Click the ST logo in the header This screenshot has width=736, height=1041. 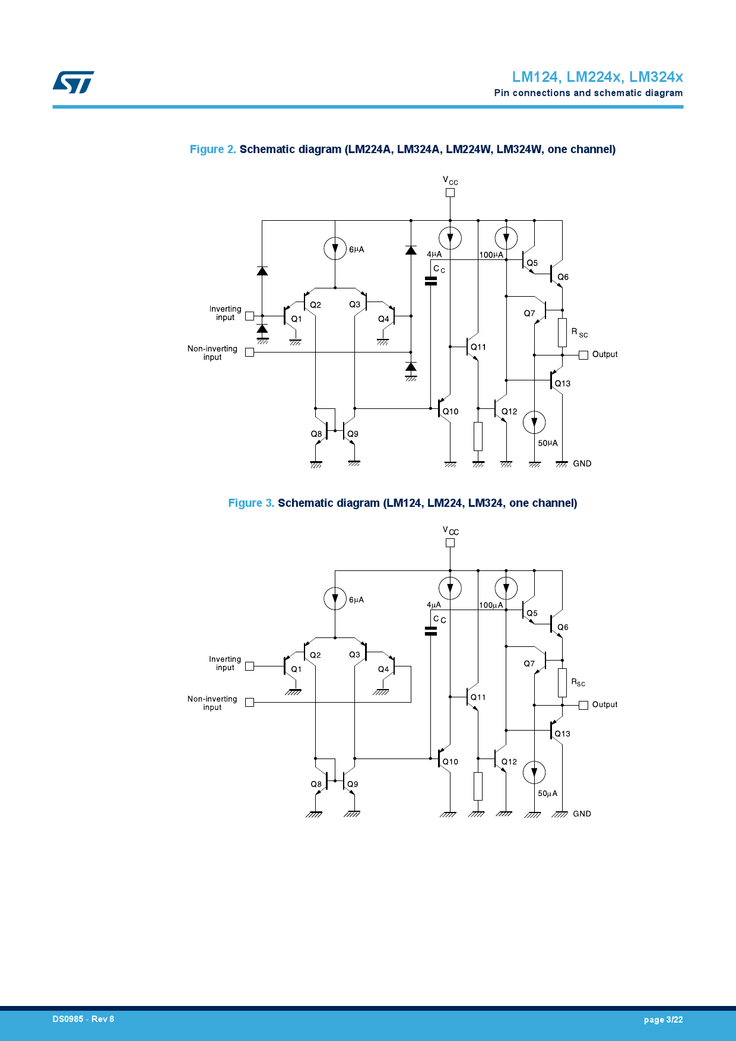tap(73, 82)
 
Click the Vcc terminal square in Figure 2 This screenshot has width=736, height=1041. tap(450, 192)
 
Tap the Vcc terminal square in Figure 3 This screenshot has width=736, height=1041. tap(450, 542)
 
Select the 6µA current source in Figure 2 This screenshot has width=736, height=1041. tap(335, 248)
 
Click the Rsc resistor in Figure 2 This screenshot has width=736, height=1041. tap(562, 332)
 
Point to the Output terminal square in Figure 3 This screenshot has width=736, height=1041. tap(583, 705)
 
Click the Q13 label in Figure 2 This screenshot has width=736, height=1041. tap(563, 383)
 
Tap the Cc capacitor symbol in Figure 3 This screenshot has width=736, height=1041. tap(431, 631)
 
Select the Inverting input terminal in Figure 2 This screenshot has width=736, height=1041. tap(249, 316)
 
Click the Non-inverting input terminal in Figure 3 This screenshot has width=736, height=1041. tap(249, 702)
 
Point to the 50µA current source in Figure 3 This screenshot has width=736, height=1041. tap(534, 772)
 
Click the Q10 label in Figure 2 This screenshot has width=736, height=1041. tap(451, 411)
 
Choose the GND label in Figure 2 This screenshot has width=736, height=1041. tap(582, 464)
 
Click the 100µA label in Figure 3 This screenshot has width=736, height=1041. tap(491, 605)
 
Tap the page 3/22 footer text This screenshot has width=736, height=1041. tap(663, 1020)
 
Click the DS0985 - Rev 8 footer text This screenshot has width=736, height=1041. tap(83, 1019)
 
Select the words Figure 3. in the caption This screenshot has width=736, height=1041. tap(251, 503)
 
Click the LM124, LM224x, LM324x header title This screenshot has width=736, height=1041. tap(597, 77)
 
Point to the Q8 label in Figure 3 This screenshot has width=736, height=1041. tap(316, 784)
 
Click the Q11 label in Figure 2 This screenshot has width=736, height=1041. tap(478, 347)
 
